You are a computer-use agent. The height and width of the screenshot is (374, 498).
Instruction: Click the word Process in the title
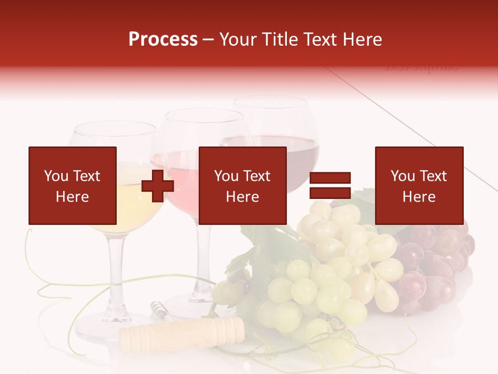coord(163,39)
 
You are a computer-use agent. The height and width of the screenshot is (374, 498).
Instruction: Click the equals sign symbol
coord(330,185)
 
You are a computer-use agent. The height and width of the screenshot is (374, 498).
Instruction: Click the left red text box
coord(73,185)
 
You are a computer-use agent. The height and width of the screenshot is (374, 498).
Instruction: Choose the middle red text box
coord(242,185)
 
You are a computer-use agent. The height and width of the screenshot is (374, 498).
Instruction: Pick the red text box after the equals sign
coord(419,185)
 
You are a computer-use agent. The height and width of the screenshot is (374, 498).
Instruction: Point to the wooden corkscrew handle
coord(182,332)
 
